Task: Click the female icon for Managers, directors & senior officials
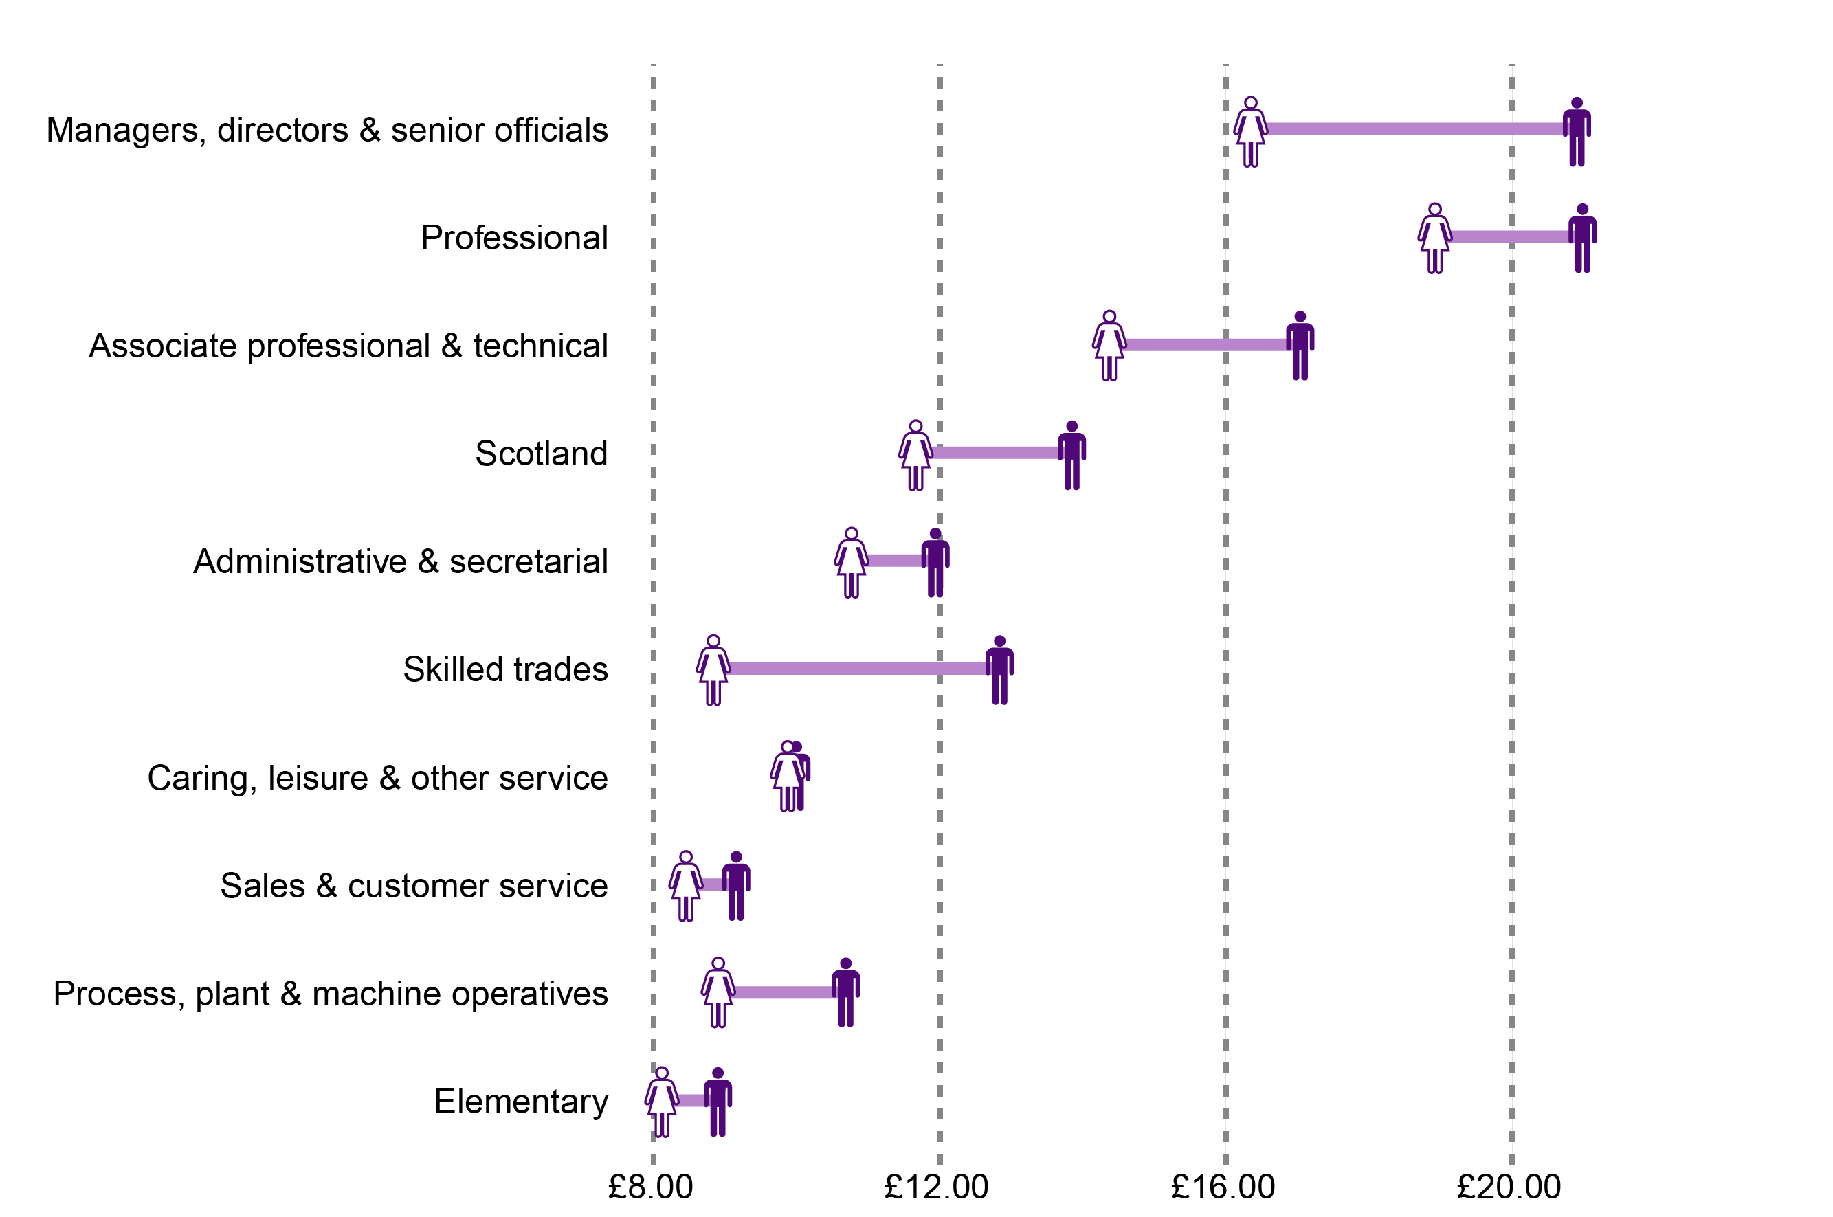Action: click(1250, 132)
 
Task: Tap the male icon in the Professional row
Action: click(1581, 238)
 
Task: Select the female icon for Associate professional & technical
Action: click(1109, 346)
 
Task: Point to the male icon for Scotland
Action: click(1071, 456)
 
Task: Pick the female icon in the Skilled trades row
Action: click(713, 670)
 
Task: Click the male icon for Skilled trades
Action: click(999, 670)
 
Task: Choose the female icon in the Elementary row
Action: click(661, 1102)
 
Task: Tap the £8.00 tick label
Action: click(650, 1187)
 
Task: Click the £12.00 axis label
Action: click(936, 1187)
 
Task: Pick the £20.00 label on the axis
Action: click(1509, 1187)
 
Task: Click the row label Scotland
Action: click(541, 454)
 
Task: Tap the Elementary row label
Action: click(521, 1102)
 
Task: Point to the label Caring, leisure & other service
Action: click(377, 778)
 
